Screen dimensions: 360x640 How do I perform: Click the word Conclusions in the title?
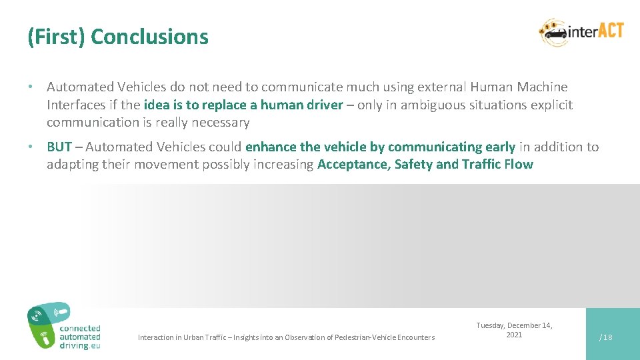point(149,37)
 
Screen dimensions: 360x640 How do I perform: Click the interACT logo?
point(581,32)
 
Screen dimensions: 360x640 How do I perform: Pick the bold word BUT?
point(59,147)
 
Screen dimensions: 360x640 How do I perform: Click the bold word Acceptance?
point(353,165)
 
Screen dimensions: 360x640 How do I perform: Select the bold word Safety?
point(413,165)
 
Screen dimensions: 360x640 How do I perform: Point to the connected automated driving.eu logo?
point(64,327)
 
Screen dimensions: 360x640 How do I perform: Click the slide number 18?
point(607,337)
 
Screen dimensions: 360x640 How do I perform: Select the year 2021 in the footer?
point(514,335)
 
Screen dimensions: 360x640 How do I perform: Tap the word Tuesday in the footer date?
point(491,325)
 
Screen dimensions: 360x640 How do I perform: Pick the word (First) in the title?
point(56,37)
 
